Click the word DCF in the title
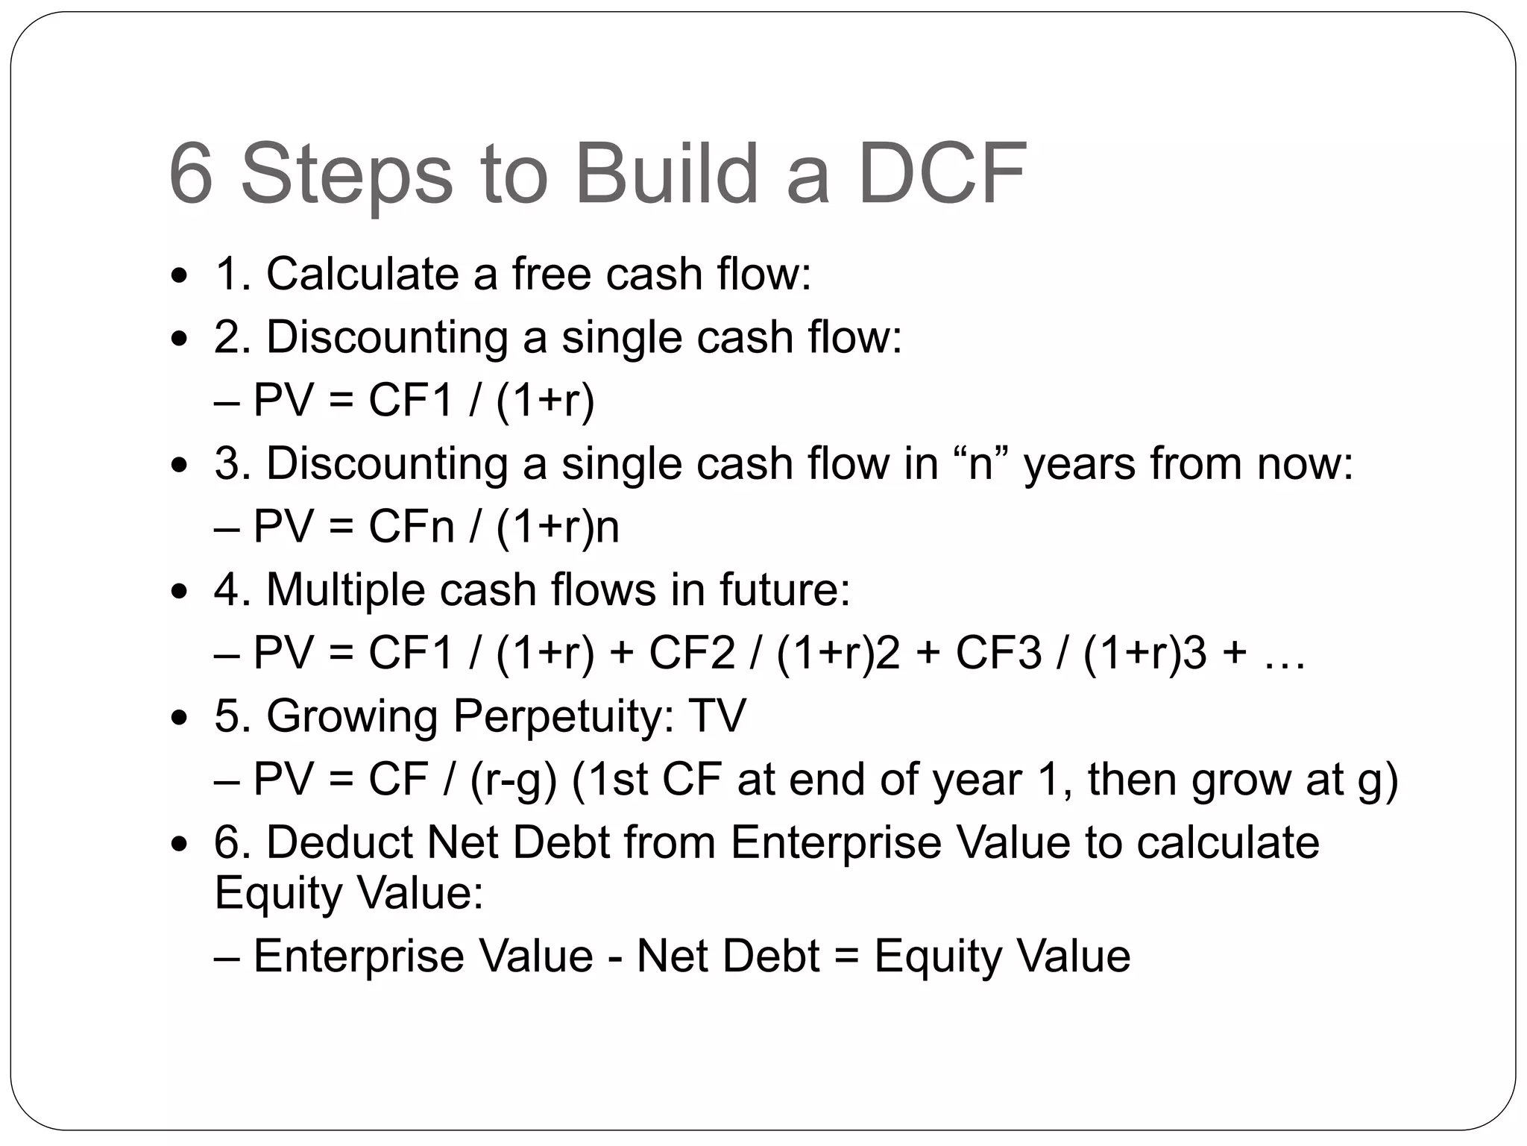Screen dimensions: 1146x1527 pos(942,175)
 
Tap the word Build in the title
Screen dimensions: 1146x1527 pos(666,175)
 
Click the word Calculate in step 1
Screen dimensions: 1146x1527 pos(363,274)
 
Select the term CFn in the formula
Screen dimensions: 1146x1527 pos(411,527)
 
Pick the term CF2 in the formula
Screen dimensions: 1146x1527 pos(692,653)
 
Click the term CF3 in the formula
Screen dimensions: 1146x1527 pos(998,653)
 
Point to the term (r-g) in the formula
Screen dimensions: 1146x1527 pos(514,780)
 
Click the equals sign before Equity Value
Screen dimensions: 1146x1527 pos(847,957)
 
